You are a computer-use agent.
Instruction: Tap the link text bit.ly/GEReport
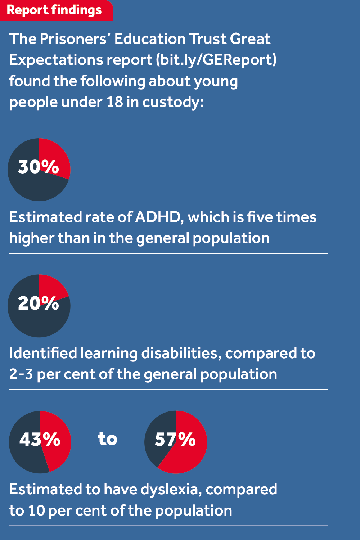point(216,60)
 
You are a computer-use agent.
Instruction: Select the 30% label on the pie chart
point(38,167)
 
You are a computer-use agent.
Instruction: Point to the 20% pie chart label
point(38,303)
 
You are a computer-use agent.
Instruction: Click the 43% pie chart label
point(40,439)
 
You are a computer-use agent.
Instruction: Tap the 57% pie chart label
point(175,439)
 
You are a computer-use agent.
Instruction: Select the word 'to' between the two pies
point(108,439)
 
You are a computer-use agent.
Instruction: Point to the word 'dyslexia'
point(171,490)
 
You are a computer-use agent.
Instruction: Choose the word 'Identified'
point(43,354)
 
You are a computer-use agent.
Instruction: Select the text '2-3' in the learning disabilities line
point(21,374)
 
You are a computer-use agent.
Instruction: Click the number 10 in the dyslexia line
point(36,511)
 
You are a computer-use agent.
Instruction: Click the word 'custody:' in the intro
point(173,102)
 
